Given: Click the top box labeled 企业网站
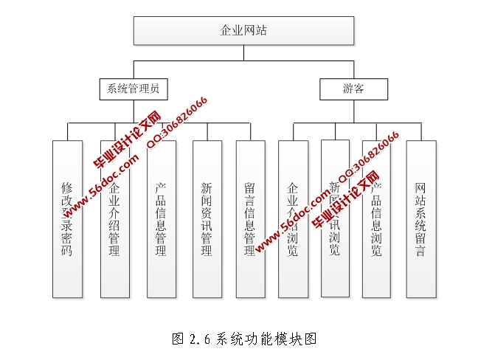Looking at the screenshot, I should (x=243, y=30).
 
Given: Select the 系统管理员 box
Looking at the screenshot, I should (x=134, y=89).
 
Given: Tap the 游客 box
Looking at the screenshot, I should (x=353, y=89).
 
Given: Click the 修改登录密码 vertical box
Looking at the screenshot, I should (x=67, y=218).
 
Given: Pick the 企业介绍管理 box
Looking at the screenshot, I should (x=114, y=218).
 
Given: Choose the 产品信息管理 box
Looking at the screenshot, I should (x=161, y=218).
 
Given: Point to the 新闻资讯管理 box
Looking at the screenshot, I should (x=207, y=218).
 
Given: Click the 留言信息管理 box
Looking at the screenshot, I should (x=250, y=218).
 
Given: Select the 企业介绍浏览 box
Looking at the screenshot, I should (x=293, y=218).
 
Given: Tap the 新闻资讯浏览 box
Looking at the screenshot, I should (x=335, y=218).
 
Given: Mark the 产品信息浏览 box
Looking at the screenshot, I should (x=377, y=218).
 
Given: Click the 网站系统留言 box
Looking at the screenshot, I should (x=420, y=218).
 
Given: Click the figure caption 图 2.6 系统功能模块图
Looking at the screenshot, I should (x=243, y=339).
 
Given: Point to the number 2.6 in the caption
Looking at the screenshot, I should (x=201, y=339).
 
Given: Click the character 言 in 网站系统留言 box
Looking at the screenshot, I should (x=420, y=251).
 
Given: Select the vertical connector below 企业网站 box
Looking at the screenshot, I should (x=243, y=52).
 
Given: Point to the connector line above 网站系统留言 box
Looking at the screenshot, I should (x=420, y=131).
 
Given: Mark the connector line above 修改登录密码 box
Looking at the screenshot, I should (x=67, y=131).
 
